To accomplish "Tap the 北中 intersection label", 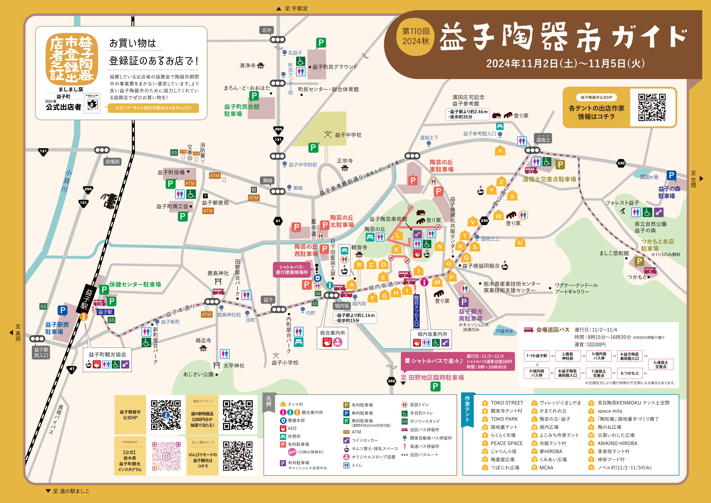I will [266, 30].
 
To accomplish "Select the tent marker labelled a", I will [500, 150].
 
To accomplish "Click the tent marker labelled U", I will [520, 242].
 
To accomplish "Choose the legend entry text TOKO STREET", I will [507, 403].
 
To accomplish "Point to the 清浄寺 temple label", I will [248, 66].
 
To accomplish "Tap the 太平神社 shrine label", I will [234, 366].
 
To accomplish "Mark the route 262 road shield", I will [391, 381].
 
